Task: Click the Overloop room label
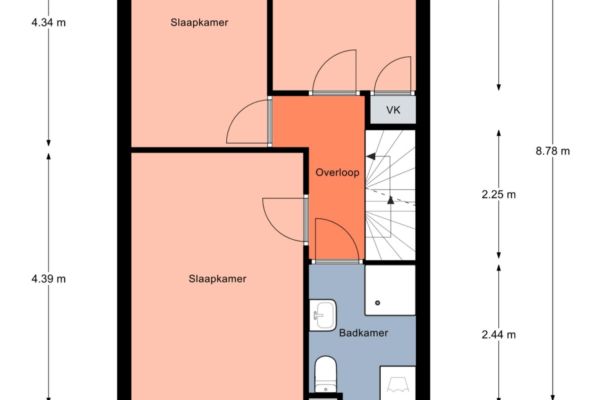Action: click(x=337, y=172)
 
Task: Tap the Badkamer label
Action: click(x=364, y=333)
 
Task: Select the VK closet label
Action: click(x=393, y=110)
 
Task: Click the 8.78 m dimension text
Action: click(x=553, y=151)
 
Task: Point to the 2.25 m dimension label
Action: click(x=498, y=194)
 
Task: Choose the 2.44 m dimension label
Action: click(x=498, y=334)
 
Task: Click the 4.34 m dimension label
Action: click(x=49, y=22)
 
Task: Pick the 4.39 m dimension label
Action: click(x=49, y=279)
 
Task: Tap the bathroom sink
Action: click(x=323, y=315)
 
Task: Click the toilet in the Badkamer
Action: click(x=326, y=374)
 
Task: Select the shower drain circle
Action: click(x=378, y=303)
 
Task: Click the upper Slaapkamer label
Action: click(x=199, y=22)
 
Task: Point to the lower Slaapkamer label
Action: click(x=217, y=279)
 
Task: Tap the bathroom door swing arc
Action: click(x=347, y=230)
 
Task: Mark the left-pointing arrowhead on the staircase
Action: click(x=371, y=156)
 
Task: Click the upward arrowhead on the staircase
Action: click(x=391, y=200)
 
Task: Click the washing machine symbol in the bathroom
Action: click(x=398, y=383)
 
